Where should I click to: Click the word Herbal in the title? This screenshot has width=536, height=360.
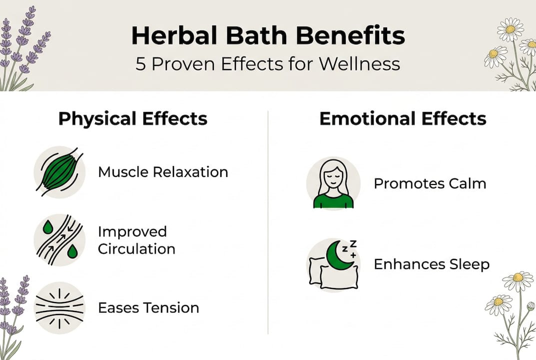click(175, 35)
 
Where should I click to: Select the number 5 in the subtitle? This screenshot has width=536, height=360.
click(140, 64)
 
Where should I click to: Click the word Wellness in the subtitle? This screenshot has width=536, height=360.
click(360, 64)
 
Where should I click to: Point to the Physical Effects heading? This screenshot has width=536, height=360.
click(133, 118)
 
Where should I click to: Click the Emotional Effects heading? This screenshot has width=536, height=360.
click(403, 118)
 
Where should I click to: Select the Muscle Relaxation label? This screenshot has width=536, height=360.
click(163, 172)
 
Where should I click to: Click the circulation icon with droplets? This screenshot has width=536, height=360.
click(59, 240)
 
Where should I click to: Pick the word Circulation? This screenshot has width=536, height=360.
click(136, 249)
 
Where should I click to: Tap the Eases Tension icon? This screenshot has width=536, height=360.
click(59, 308)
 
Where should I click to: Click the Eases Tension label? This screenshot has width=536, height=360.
click(148, 308)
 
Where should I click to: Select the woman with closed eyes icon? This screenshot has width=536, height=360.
click(333, 183)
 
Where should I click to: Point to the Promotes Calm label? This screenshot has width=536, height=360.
click(430, 184)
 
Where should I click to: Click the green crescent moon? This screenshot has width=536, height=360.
click(338, 255)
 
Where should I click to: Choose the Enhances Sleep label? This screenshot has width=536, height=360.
click(432, 264)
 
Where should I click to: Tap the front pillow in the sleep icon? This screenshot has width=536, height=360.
click(339, 277)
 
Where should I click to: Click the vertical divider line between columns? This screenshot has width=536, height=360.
click(268, 222)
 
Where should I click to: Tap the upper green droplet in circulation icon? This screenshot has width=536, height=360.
click(48, 227)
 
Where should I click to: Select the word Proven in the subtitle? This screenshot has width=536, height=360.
click(183, 64)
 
